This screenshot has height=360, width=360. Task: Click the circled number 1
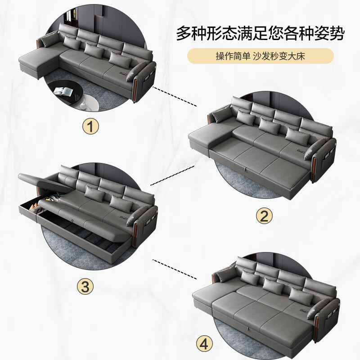click(92, 127)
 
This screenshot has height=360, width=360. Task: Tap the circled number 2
click(264, 216)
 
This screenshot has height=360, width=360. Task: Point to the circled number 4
click(204, 344)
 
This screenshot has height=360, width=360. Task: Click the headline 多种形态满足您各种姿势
click(261, 34)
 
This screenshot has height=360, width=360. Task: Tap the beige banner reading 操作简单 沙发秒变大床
click(261, 57)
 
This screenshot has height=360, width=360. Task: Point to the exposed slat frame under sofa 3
click(90, 234)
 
